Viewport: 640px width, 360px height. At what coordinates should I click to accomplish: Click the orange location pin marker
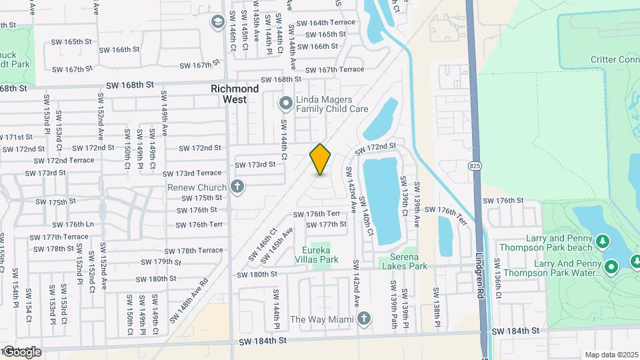320,159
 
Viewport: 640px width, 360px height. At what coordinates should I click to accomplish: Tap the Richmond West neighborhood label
234,94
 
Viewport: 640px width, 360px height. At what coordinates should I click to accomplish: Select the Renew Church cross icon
237,186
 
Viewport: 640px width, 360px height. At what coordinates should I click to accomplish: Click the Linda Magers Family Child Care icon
286,103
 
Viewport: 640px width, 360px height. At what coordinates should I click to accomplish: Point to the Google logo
22,351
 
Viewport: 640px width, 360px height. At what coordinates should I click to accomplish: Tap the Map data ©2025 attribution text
610,355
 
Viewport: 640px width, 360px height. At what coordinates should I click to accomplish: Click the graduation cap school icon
217,23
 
